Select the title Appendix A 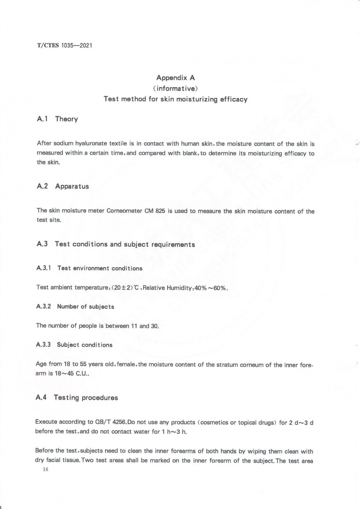(x=175, y=78)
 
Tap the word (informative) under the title (x=175, y=89)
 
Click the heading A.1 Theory (x=57, y=119)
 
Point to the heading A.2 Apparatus (x=63, y=186)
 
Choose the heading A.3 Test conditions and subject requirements (x=116, y=244)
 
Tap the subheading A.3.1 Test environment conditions (x=90, y=268)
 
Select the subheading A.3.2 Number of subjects (x=76, y=307)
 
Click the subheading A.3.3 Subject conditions (x=75, y=345)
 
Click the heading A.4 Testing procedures (x=77, y=398)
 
